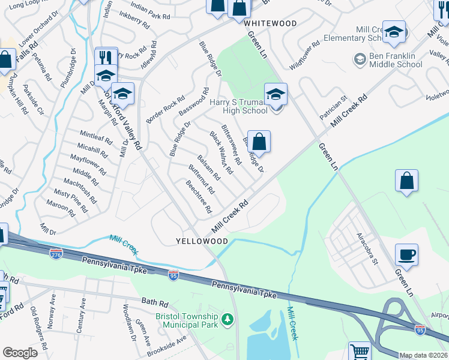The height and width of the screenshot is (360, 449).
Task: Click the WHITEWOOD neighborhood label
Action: tap(270, 23)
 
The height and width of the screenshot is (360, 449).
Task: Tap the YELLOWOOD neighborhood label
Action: tap(202, 241)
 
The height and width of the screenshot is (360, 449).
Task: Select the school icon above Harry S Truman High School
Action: tap(276, 94)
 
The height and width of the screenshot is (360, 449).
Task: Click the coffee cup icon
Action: tap(406, 254)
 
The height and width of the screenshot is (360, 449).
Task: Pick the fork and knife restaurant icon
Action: tap(106, 58)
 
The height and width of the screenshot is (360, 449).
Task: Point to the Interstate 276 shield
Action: tap(56, 254)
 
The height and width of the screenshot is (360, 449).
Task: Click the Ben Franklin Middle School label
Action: tap(395, 61)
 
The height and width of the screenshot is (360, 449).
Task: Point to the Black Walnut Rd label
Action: tap(221, 153)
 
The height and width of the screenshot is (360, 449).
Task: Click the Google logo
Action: tap(20, 353)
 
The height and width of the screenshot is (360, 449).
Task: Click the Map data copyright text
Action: tap(424, 355)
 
